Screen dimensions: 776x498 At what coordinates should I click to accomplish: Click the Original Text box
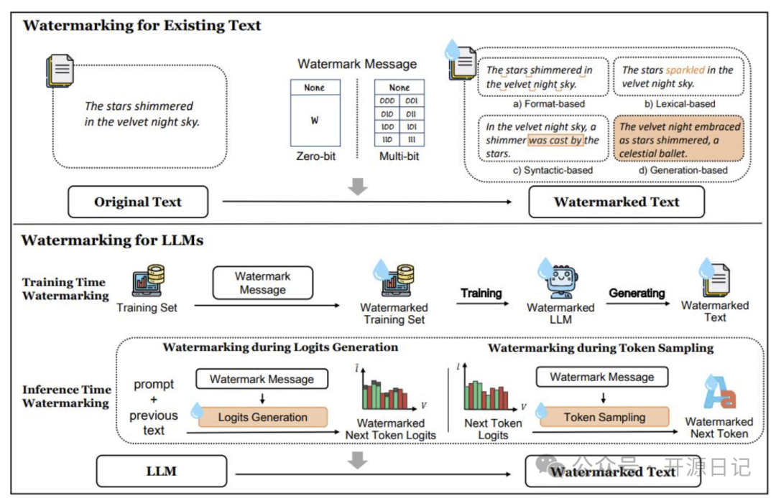click(x=138, y=202)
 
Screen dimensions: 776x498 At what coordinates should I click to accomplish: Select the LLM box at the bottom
click(x=162, y=471)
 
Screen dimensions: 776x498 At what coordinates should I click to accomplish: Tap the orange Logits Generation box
click(x=263, y=417)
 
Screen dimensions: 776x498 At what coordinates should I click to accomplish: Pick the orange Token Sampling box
click(x=604, y=417)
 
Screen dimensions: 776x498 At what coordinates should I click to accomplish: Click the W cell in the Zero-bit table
click(x=315, y=120)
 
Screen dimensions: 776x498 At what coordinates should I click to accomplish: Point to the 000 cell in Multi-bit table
click(x=387, y=100)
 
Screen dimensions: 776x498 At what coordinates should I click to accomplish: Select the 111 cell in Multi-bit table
click(x=412, y=140)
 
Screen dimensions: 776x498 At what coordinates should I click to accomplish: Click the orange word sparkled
click(x=685, y=70)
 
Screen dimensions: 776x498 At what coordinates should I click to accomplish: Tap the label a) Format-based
click(x=549, y=104)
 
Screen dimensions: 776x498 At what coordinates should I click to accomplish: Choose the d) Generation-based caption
click(x=683, y=170)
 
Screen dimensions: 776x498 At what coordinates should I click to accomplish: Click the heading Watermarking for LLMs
click(x=112, y=240)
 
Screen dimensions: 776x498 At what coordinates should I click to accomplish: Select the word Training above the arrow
click(x=481, y=293)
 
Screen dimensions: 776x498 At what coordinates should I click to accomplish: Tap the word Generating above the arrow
click(x=637, y=293)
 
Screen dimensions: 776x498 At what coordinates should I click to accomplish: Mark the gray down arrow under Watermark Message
click(x=357, y=187)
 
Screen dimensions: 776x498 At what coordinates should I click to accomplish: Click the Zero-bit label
click(x=315, y=156)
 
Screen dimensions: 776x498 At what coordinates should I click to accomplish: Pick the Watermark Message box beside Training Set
click(x=263, y=283)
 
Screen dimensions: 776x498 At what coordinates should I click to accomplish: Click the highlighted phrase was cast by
click(x=555, y=140)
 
